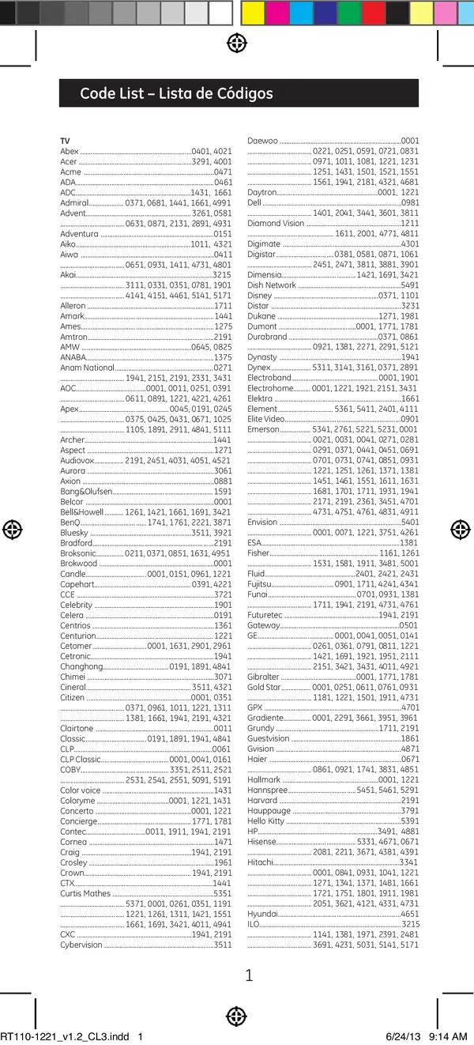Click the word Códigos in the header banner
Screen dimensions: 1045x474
[239, 93]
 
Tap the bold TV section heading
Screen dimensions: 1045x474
[65, 141]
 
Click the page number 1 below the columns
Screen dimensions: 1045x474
[249, 975]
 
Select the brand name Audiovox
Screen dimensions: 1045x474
[77, 460]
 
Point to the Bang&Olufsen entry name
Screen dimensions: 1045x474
[86, 491]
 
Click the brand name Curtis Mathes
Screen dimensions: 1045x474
[85, 893]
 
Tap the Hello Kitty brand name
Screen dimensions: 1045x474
[265, 821]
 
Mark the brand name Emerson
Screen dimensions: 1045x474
[264, 429]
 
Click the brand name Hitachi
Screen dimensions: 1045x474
[260, 862]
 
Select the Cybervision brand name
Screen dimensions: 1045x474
[81, 945]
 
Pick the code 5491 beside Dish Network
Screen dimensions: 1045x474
[410, 285]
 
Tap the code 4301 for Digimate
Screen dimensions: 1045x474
[410, 244]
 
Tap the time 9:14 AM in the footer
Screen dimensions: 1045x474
[448, 1036]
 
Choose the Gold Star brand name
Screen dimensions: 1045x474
[264, 687]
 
